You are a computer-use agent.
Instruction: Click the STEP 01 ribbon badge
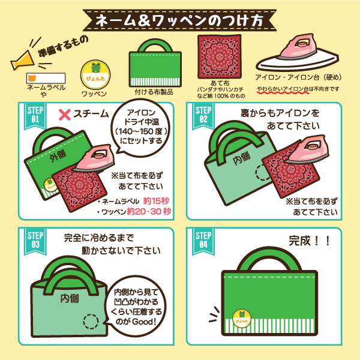(x=35, y=116)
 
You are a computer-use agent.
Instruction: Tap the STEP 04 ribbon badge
(x=203, y=241)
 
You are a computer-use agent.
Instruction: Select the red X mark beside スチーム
(x=65, y=115)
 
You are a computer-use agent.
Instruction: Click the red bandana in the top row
(x=220, y=57)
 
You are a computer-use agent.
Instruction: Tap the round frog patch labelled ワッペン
(x=95, y=74)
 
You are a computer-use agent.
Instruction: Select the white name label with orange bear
(x=46, y=78)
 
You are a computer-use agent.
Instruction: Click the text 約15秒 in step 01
(x=156, y=200)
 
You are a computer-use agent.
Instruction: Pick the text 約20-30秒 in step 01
(x=149, y=211)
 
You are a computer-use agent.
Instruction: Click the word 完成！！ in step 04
(x=309, y=241)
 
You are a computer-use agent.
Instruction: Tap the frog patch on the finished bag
(x=242, y=318)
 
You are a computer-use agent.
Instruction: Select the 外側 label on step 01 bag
(x=58, y=155)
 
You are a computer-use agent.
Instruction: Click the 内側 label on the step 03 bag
(x=70, y=298)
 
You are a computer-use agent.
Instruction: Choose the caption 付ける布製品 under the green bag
(x=154, y=92)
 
